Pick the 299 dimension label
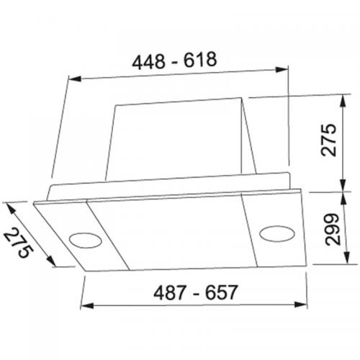coord(330,230)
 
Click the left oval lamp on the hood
coord(85,238)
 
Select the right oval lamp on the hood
coord(275,232)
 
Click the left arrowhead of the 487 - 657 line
coord(84,306)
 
